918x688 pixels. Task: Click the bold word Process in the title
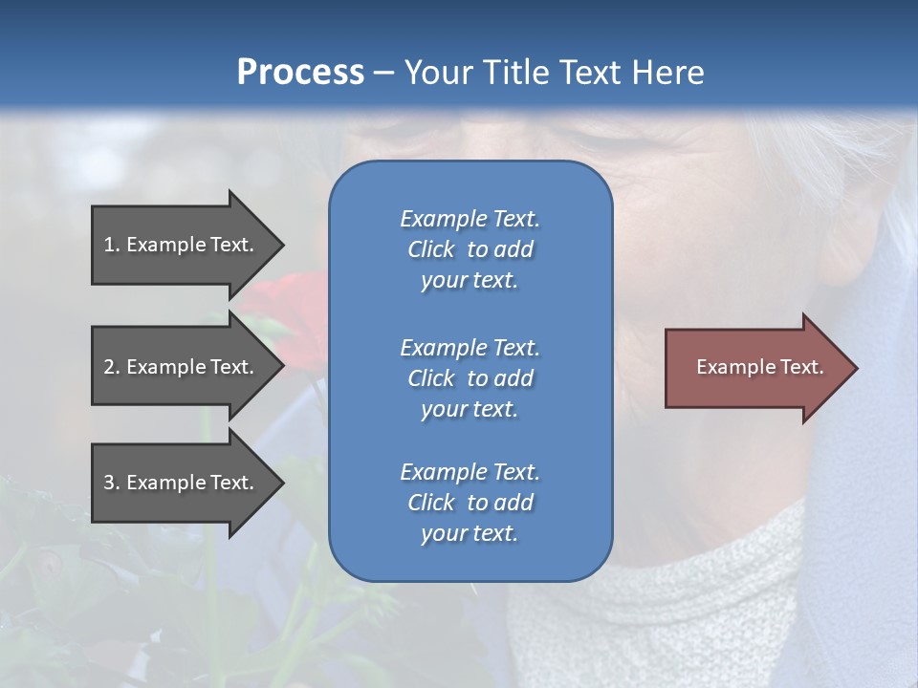click(x=300, y=73)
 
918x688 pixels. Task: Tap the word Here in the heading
click(x=667, y=73)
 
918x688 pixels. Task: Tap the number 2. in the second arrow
click(x=112, y=367)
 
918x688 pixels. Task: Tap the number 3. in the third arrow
click(x=112, y=483)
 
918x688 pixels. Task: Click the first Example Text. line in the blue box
click(x=470, y=219)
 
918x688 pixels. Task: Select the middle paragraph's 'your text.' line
click(x=470, y=409)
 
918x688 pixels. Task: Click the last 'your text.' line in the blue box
click(x=470, y=533)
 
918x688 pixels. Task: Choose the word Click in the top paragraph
click(x=430, y=249)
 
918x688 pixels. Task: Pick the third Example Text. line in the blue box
click(x=470, y=472)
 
